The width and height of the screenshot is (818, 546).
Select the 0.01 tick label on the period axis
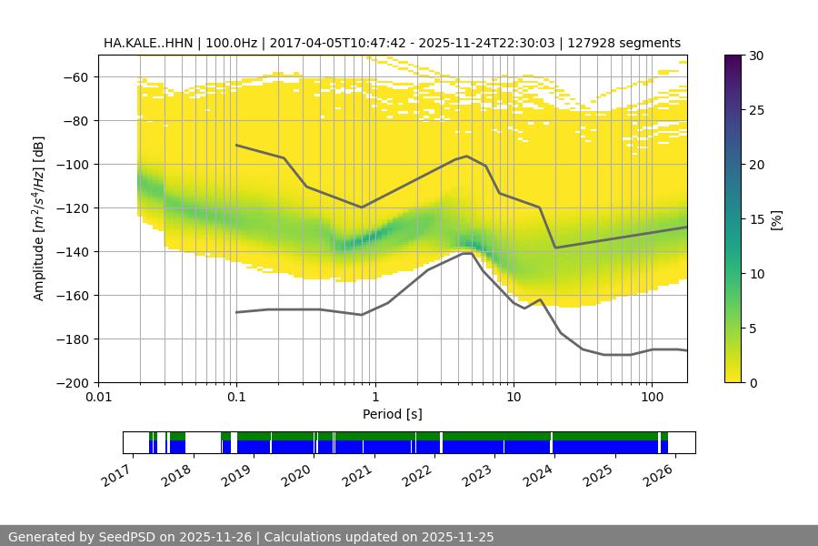pyautogui.click(x=98, y=397)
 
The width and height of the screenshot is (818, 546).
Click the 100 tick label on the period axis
pyautogui.click(x=652, y=397)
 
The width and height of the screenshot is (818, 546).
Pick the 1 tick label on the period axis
pyautogui.click(x=374, y=397)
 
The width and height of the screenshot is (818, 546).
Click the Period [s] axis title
pyautogui.click(x=393, y=414)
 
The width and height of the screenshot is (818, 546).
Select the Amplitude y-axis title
pyautogui.click(x=39, y=218)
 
